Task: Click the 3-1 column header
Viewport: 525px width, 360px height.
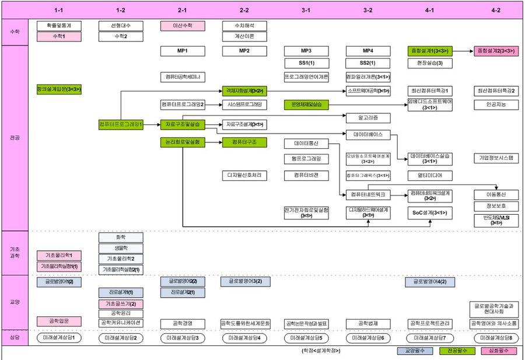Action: click(x=306, y=10)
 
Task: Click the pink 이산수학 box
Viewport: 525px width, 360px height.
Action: click(x=182, y=26)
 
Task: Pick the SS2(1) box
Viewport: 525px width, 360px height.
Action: click(x=368, y=63)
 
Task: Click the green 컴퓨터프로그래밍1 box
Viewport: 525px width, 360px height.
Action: click(x=121, y=124)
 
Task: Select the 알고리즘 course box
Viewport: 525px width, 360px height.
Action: click(x=368, y=118)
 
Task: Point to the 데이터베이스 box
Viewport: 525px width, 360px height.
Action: click(x=368, y=134)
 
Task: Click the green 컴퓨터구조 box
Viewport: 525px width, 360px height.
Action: click(x=244, y=142)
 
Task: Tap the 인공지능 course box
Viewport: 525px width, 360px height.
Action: click(x=496, y=105)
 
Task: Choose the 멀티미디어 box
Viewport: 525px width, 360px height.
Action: click(x=430, y=175)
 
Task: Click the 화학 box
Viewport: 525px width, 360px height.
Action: click(x=121, y=237)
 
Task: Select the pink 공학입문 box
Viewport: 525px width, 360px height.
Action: click(x=59, y=321)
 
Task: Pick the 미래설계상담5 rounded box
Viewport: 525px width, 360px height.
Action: click(x=306, y=338)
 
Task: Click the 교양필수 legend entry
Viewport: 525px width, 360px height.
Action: click(x=413, y=351)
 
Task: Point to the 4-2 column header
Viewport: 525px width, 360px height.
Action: click(x=496, y=10)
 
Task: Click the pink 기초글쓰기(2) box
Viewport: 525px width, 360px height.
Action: click(x=121, y=304)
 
